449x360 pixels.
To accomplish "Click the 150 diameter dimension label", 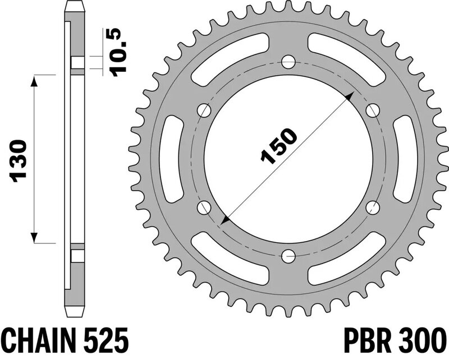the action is pos(278,146).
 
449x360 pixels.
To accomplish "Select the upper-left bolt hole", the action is pos(204,110).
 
